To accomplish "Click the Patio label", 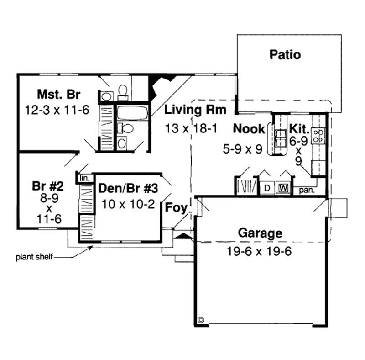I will point(285,55).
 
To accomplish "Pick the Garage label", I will point(260,233).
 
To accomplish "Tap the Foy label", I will point(176,208).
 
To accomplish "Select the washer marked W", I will point(283,188).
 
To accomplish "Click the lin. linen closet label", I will point(84,177).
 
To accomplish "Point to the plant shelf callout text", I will point(35,257).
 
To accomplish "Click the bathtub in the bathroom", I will point(132,112).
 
